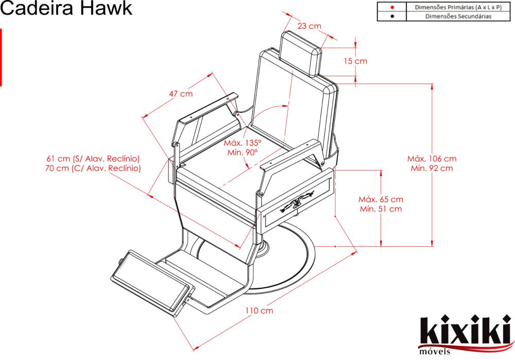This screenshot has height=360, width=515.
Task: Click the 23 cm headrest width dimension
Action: (x=309, y=26)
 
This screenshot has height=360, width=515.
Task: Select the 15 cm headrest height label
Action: (x=355, y=61)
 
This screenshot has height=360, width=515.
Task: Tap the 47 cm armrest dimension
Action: (x=181, y=94)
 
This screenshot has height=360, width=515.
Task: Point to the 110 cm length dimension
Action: (x=259, y=311)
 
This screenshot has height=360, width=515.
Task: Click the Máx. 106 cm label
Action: (x=432, y=159)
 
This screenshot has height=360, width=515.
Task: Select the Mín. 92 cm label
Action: (x=432, y=168)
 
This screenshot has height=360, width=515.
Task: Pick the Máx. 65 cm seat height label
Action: (x=381, y=199)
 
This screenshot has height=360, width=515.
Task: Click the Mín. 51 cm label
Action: (x=381, y=209)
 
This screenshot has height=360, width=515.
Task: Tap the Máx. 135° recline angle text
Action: (x=243, y=143)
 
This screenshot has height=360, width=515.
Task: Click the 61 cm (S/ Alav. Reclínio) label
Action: (x=93, y=159)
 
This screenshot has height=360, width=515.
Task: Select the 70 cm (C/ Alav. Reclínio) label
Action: (x=93, y=168)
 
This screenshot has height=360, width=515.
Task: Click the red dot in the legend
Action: (x=392, y=8)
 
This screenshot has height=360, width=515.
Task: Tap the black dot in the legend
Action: (x=392, y=16)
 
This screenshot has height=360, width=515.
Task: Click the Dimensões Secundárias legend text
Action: (x=458, y=16)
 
